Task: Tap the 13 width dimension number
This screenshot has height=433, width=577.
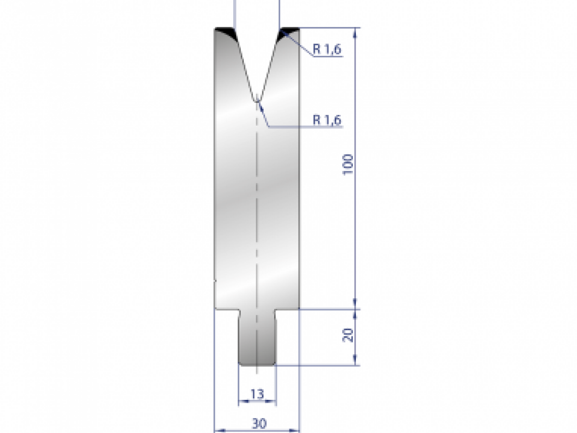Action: click(257, 394)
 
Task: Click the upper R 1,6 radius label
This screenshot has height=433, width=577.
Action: click(327, 49)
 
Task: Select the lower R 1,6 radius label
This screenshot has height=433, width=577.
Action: click(327, 120)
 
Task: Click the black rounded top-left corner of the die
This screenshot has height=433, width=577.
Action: click(225, 33)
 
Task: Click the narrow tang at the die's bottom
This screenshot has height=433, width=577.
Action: click(257, 337)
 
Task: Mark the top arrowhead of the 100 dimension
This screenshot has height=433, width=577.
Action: click(356, 32)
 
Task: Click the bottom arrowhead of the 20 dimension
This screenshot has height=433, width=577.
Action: click(356, 362)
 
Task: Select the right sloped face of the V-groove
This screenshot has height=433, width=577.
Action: click(271, 67)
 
